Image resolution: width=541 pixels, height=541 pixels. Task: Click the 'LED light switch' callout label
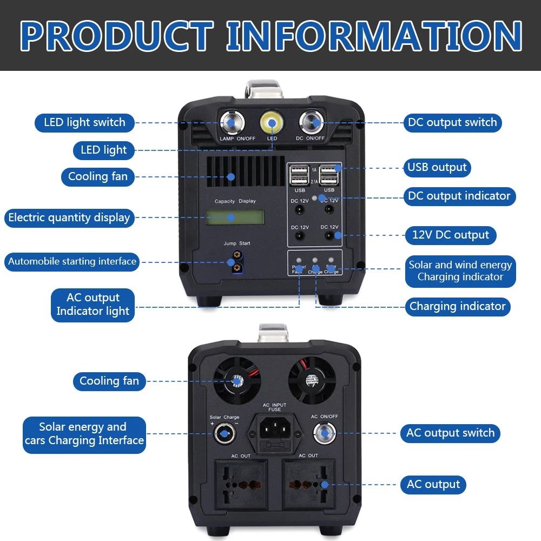tap(84, 122)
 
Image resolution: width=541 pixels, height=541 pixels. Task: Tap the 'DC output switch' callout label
tap(452, 122)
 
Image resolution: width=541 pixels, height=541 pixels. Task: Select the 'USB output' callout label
tap(437, 167)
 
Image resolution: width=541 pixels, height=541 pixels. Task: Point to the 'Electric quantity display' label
tap(69, 217)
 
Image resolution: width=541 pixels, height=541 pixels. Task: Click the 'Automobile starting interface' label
tap(72, 261)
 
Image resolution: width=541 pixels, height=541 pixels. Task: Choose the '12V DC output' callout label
tap(450, 235)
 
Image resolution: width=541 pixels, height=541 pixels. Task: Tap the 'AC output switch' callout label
tap(450, 433)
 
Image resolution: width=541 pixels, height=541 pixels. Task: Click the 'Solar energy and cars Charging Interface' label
tap(84, 434)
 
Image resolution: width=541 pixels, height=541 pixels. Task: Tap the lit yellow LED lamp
tap(272, 123)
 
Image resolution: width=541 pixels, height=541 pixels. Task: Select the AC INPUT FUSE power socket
tap(274, 430)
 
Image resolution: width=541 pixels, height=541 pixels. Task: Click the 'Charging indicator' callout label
tap(457, 306)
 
